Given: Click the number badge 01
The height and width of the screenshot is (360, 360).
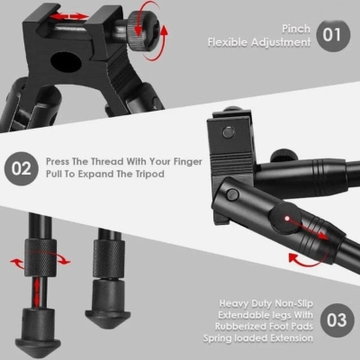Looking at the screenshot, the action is tap(333, 35).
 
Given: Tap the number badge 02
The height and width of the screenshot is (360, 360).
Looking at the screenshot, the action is tap(22, 168).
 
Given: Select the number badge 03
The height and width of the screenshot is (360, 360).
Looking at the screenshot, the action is tap(337, 320).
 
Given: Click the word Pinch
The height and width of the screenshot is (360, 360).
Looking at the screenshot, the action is tap(296, 29).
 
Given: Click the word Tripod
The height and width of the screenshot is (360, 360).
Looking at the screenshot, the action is tap(148, 175).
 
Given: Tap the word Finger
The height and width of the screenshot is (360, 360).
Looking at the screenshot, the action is tap(188, 162).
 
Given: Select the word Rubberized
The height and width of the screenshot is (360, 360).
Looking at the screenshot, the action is tap(240, 326).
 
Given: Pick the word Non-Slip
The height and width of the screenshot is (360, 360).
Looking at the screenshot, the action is tap(293, 303).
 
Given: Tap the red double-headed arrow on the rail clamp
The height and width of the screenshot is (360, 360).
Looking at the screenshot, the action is tap(68, 17).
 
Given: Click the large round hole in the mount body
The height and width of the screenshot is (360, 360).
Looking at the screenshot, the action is tap(66, 63).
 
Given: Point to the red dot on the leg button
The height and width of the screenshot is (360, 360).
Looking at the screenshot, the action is tap(287, 218).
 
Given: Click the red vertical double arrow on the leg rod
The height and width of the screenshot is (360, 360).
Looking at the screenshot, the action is tap(37, 292).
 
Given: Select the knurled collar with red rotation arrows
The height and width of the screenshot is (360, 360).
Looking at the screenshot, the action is tap(40, 257).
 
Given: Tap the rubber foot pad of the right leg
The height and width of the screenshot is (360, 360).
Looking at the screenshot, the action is tap(108, 304).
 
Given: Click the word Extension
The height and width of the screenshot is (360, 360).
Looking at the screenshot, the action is tap(292, 338).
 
